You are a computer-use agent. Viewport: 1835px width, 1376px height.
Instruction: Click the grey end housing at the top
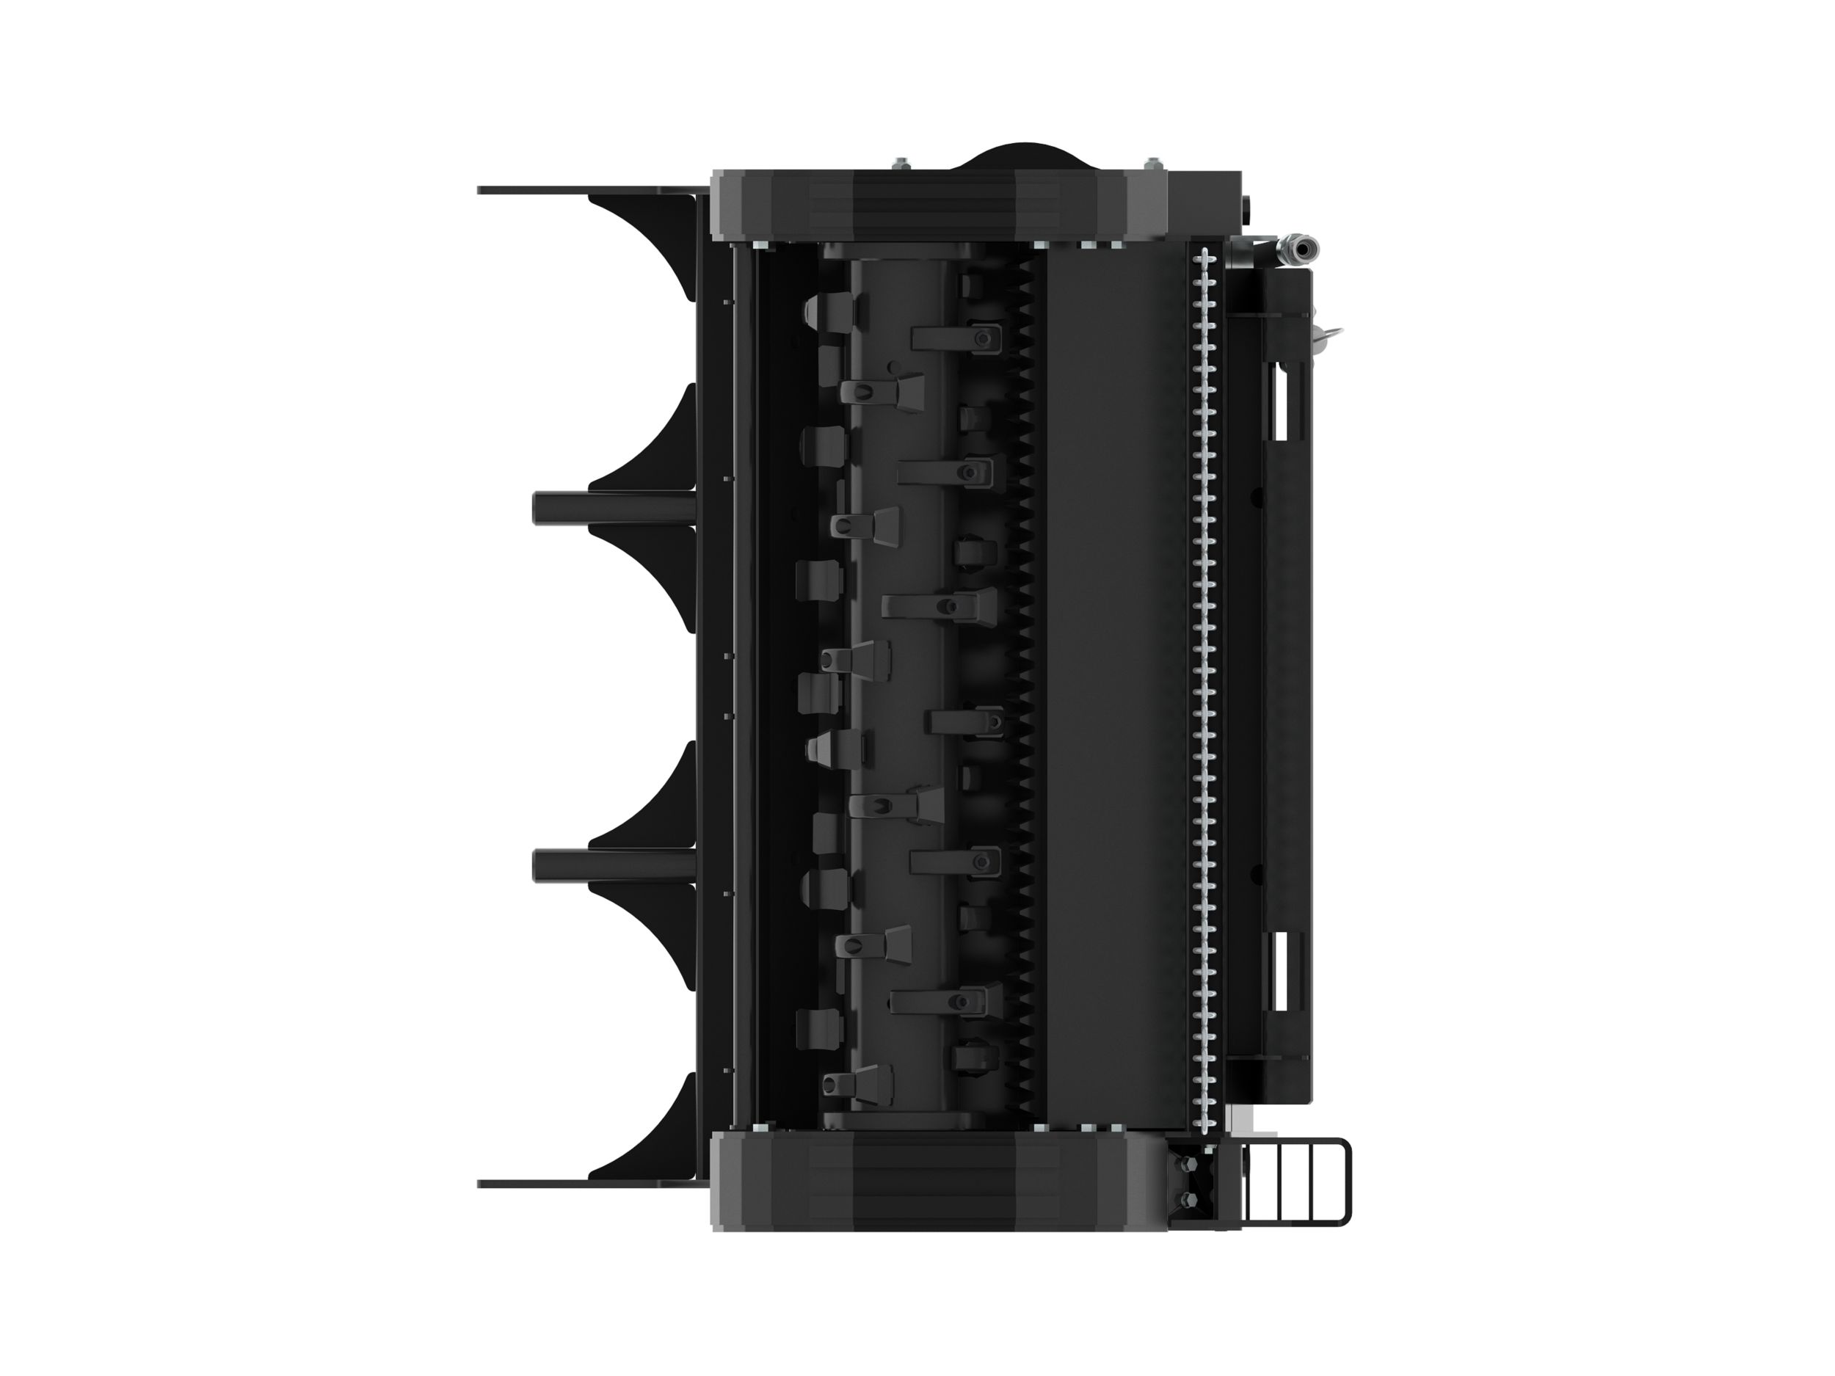(x=937, y=205)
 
